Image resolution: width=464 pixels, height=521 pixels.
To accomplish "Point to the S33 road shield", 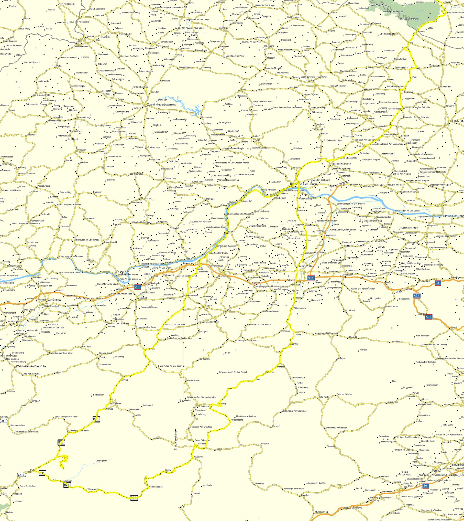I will click(x=311, y=278).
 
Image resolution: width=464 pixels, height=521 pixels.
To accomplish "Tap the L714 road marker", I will click(x=21, y=474).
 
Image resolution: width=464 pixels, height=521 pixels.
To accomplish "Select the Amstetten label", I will click(x=54, y=300).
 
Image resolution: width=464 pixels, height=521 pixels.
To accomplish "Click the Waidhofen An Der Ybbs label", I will click(x=31, y=366).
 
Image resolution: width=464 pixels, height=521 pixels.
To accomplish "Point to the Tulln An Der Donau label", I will click(x=452, y=216).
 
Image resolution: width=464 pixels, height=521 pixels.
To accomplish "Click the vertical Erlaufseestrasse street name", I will click(x=175, y=440).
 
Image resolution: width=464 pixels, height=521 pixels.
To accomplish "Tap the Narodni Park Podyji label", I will click(x=378, y=5).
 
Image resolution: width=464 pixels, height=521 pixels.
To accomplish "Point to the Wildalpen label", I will click(x=92, y=489).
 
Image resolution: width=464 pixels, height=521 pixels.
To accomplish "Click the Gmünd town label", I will click(x=90, y=36).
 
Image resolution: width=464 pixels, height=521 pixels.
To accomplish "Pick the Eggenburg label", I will click(x=369, y=89).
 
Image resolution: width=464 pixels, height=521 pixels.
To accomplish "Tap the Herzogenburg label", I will click(x=329, y=235).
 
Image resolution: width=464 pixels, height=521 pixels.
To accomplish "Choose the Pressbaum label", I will click(x=456, y=278).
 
